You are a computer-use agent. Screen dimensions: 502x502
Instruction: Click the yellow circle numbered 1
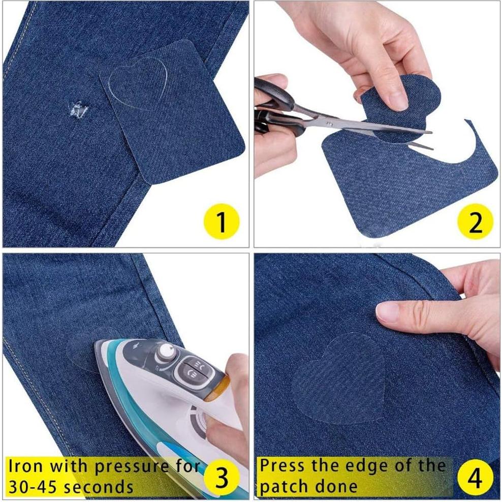click(222, 223)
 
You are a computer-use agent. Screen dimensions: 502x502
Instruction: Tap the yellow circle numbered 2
click(475, 223)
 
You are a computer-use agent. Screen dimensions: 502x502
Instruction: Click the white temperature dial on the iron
click(165, 351)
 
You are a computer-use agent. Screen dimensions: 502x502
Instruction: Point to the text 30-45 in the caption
click(31, 487)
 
